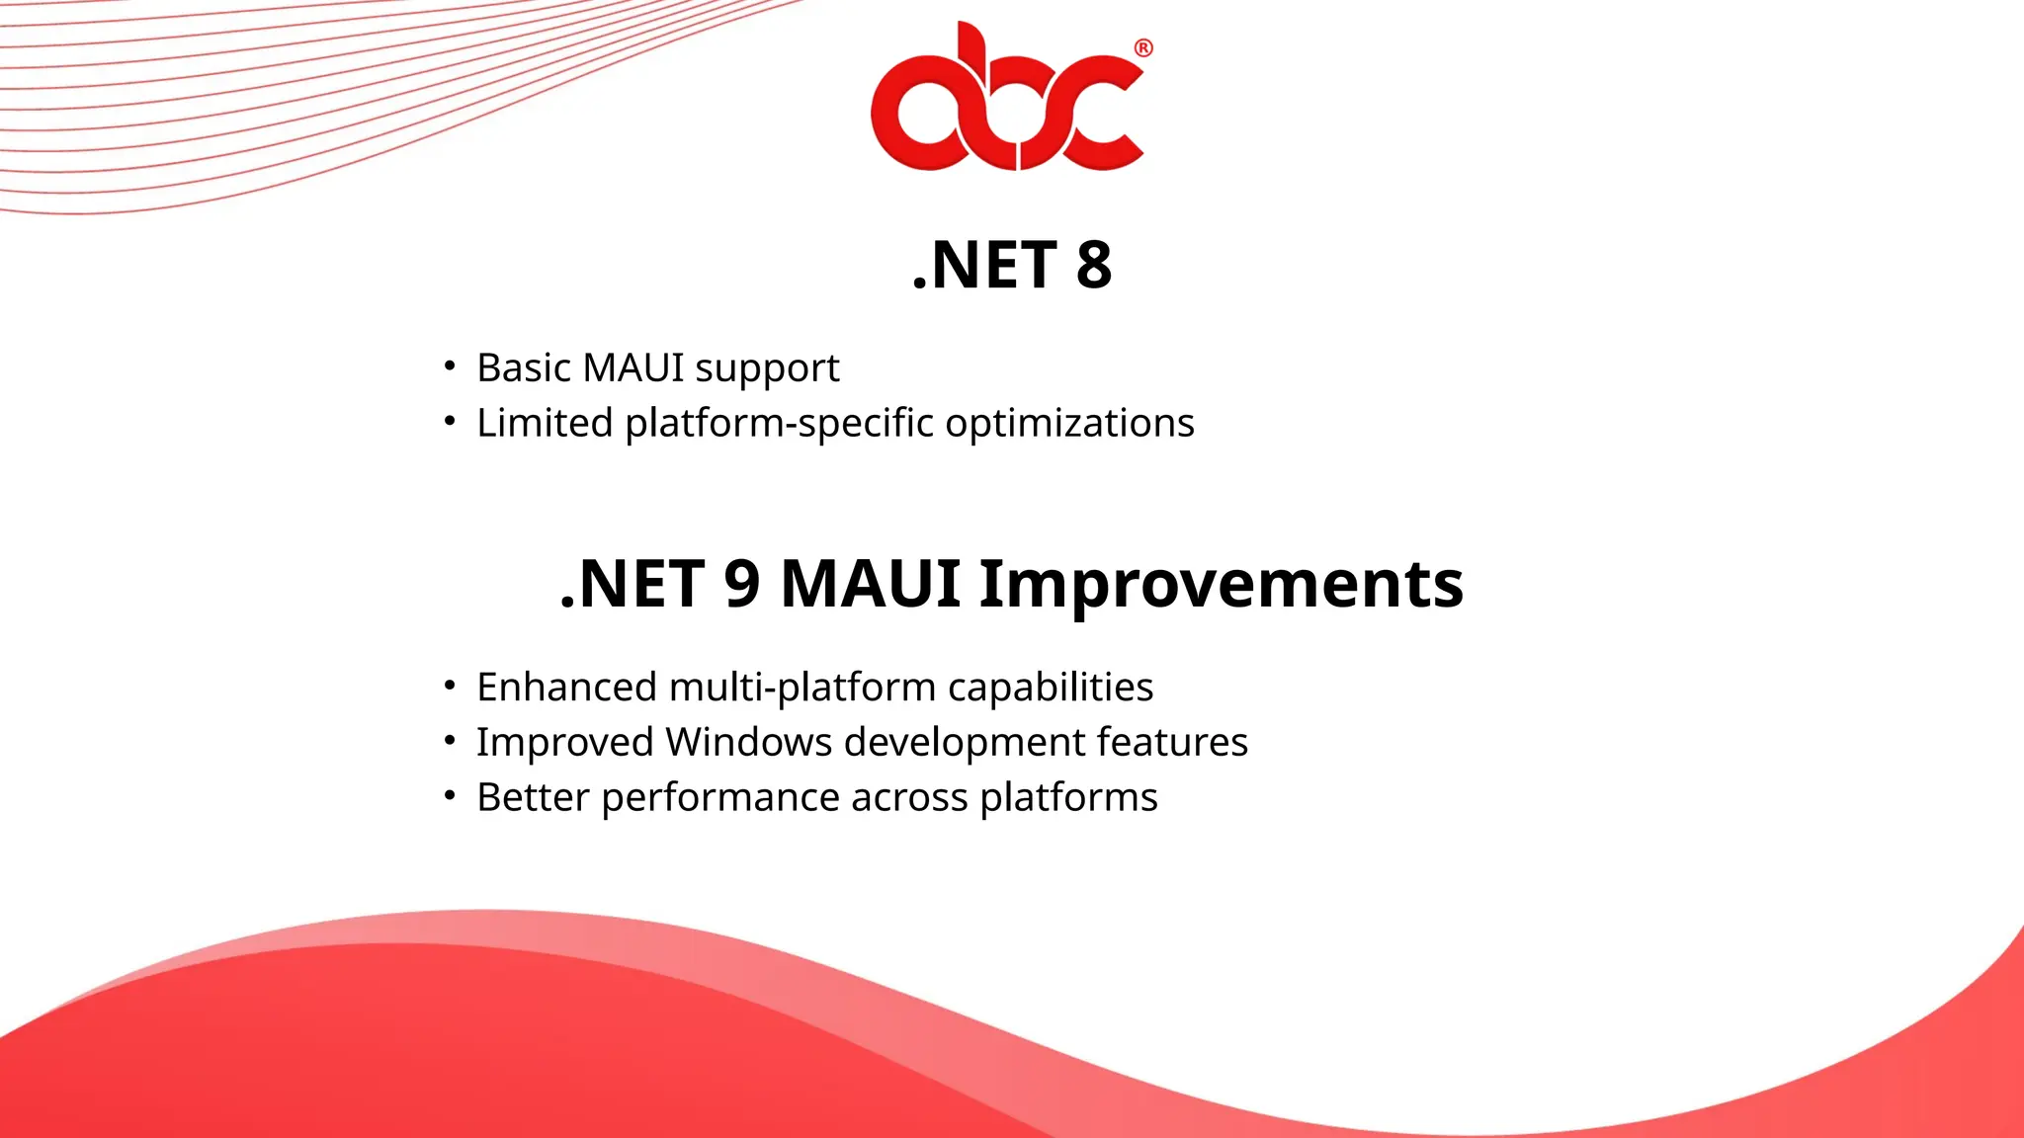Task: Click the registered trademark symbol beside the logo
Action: [x=1143, y=48]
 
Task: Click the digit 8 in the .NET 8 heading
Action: [x=1093, y=266]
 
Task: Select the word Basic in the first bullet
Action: [x=524, y=367]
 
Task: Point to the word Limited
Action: [x=546, y=423]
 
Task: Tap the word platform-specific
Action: [x=779, y=423]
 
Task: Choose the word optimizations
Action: [x=1069, y=423]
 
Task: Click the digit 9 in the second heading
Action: [x=741, y=584]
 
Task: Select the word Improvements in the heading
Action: [x=1221, y=584]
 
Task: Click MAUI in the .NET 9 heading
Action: [x=870, y=584]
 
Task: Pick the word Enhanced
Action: [x=567, y=688]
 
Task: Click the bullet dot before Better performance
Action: [x=450, y=794]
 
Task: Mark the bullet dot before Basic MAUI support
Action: [x=450, y=366]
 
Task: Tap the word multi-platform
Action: [x=801, y=688]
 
